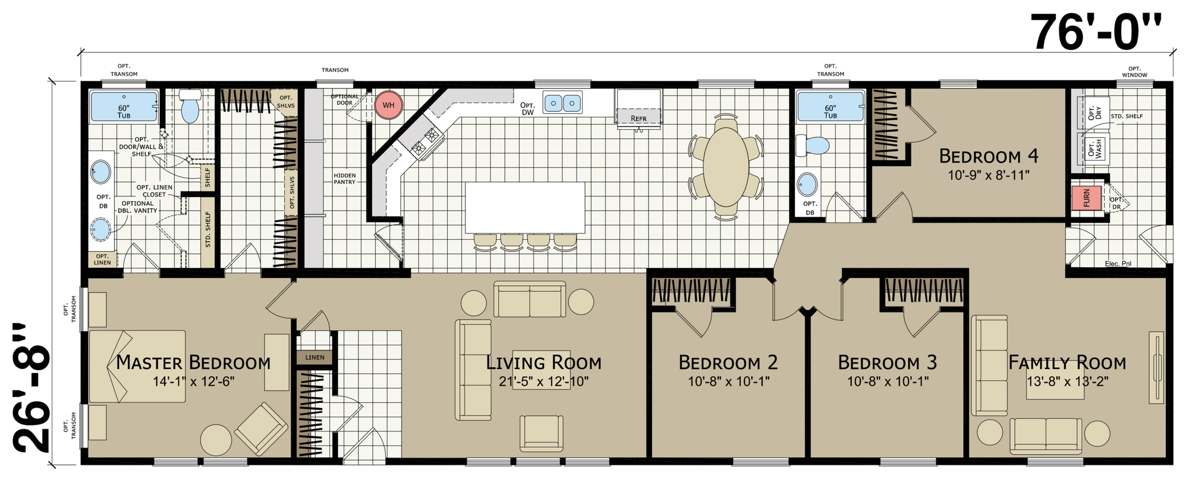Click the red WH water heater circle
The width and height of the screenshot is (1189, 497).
388,105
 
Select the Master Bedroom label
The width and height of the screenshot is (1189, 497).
193,362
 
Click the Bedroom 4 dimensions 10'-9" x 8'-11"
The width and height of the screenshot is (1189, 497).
988,175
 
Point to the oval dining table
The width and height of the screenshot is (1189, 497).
726,167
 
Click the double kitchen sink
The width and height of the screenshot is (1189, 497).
562,103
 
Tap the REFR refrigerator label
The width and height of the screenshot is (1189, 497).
638,118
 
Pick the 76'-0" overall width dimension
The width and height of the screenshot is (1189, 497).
1095,33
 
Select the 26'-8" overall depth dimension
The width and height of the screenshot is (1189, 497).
31,389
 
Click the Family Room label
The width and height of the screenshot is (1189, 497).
1067,362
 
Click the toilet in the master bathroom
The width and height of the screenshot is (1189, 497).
190,107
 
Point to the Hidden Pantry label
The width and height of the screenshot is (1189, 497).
345,179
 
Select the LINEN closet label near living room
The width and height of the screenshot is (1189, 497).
315,358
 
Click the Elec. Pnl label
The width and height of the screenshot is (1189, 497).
1118,263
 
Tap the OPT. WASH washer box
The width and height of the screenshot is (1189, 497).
1094,148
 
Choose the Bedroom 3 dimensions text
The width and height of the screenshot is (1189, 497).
888,382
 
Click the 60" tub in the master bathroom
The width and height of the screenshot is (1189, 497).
124,107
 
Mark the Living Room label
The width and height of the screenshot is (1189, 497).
544,362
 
